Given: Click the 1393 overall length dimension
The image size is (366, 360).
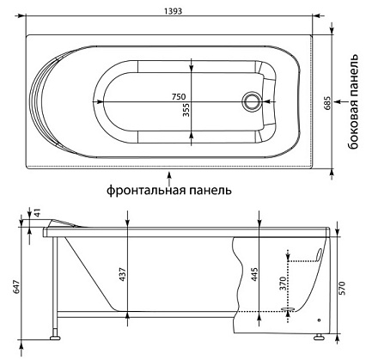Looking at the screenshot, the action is [174, 11].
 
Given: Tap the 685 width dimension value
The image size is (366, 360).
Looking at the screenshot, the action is [327, 103].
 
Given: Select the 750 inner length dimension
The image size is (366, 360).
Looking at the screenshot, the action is [179, 97].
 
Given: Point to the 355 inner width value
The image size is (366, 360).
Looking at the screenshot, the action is [186, 110].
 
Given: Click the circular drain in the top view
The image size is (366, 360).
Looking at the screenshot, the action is [252, 101].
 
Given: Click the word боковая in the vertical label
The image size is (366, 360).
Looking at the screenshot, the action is [354, 124].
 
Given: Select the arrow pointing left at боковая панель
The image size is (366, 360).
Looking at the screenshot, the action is [341, 101].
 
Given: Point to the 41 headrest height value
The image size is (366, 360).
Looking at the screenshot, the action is [39, 213].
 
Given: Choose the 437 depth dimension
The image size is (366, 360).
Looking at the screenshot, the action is [122, 275].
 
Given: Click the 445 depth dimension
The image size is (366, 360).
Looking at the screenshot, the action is [254, 274].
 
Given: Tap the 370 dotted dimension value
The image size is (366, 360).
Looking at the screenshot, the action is [284, 284].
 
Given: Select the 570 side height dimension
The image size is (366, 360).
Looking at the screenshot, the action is [343, 288].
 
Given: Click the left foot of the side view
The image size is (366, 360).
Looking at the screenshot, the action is [55, 338].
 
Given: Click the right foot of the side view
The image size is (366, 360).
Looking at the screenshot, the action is [319, 337].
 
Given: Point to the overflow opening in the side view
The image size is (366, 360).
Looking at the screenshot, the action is [318, 254].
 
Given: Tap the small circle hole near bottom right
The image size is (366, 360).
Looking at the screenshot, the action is [320, 320].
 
